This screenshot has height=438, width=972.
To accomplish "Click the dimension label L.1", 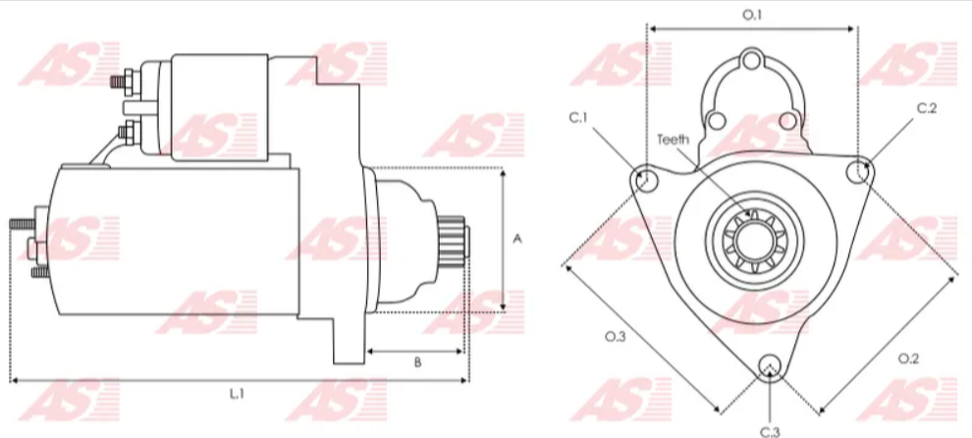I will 236,394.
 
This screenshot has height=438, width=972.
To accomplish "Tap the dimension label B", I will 416,362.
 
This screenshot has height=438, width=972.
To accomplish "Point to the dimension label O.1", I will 751,15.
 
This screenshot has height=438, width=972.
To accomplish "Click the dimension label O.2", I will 908,358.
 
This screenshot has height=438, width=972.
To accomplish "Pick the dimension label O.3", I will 615,337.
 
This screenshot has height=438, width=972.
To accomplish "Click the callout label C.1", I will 578,118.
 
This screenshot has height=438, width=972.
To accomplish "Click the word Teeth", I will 674,138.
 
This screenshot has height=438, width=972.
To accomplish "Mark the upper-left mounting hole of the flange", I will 646,180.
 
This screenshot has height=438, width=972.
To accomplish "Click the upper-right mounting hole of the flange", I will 858,172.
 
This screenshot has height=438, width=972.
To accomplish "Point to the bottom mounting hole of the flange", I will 771,365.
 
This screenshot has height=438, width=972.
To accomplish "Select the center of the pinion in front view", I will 752,240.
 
